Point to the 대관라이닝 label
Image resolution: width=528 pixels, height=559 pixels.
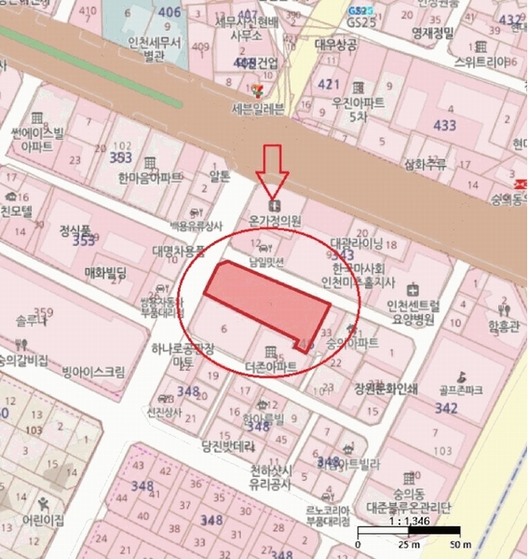pyautogui.click(x=357, y=242)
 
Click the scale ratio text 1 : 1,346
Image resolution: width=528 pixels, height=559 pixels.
pyautogui.click(x=407, y=524)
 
